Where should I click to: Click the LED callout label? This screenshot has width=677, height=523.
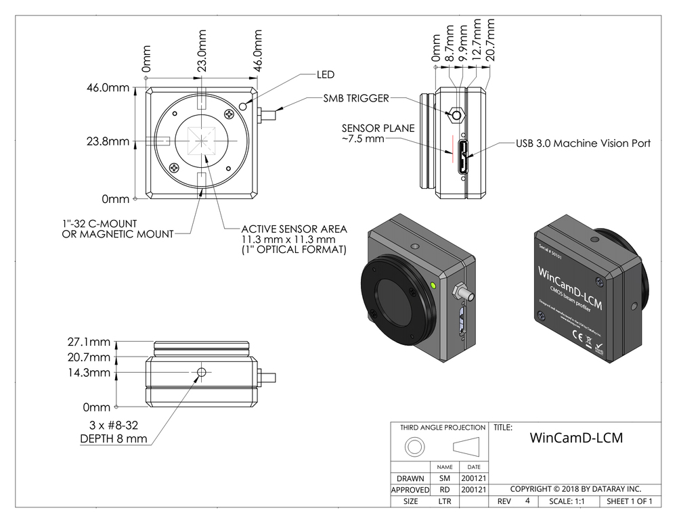(326, 74)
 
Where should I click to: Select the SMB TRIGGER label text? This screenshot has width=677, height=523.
(356, 98)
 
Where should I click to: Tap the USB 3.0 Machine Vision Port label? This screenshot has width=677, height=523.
(583, 143)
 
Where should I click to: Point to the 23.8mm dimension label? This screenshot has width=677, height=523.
(108, 142)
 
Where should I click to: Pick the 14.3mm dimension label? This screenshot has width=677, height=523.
(89, 373)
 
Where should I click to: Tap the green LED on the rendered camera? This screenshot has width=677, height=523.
(432, 285)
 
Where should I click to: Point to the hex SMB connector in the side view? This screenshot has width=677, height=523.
(457, 115)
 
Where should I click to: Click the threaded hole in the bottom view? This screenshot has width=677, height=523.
(201, 373)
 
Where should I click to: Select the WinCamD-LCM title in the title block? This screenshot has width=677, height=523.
(575, 437)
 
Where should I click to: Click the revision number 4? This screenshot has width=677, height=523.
(527, 501)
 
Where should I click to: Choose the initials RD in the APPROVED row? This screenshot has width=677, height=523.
(445, 489)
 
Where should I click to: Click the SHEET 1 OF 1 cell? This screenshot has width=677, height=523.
(630, 501)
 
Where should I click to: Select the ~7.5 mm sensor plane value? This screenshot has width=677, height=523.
(363, 138)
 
